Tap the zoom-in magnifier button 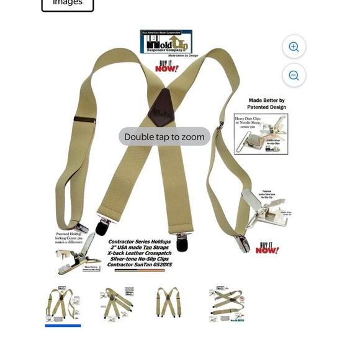pyautogui.click(x=294, y=47)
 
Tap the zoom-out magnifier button pyautogui.click(x=294, y=75)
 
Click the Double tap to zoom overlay pyautogui.click(x=164, y=137)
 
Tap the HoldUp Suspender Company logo pyautogui.click(x=166, y=42)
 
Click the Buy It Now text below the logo pyautogui.click(x=166, y=66)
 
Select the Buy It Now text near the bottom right pyautogui.click(x=267, y=248)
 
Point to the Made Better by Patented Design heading pyautogui.click(x=266, y=104)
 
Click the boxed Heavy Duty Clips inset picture pyautogui.click(x=261, y=133)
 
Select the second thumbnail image pyautogui.click(x=117, y=303)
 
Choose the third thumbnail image pyautogui.click(x=168, y=302)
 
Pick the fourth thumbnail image pyautogui.click(x=227, y=304)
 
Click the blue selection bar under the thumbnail pyautogui.click(x=63, y=325)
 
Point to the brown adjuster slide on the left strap pyautogui.click(x=84, y=119)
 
